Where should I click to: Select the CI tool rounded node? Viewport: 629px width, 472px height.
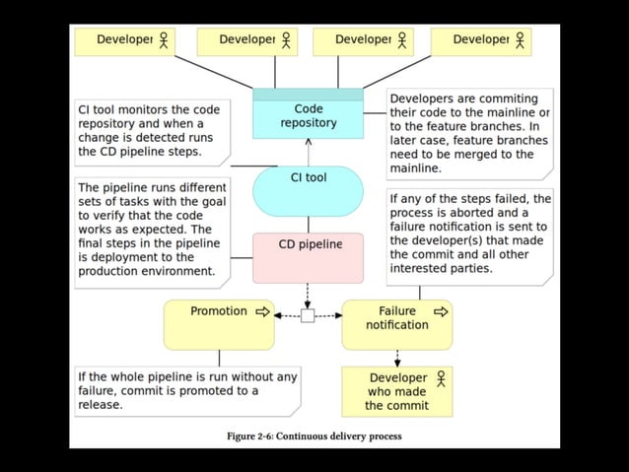(308, 190)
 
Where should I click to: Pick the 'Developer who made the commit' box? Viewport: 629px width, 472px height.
(396, 391)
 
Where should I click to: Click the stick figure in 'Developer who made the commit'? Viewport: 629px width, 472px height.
(441, 378)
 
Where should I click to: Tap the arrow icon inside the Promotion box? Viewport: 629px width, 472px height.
(262, 311)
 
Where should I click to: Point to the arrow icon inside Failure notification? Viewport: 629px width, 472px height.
(440, 311)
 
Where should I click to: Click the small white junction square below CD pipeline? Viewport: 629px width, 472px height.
(308, 316)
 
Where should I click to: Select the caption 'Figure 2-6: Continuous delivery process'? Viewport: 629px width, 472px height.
(314, 436)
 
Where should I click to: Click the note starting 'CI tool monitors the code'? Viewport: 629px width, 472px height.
(153, 132)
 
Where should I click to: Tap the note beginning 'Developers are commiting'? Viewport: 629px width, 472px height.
(468, 133)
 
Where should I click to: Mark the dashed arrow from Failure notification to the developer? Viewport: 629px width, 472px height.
(397, 358)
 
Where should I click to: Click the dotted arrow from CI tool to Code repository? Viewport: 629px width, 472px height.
(308, 152)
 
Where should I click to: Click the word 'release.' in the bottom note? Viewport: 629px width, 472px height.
(100, 404)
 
